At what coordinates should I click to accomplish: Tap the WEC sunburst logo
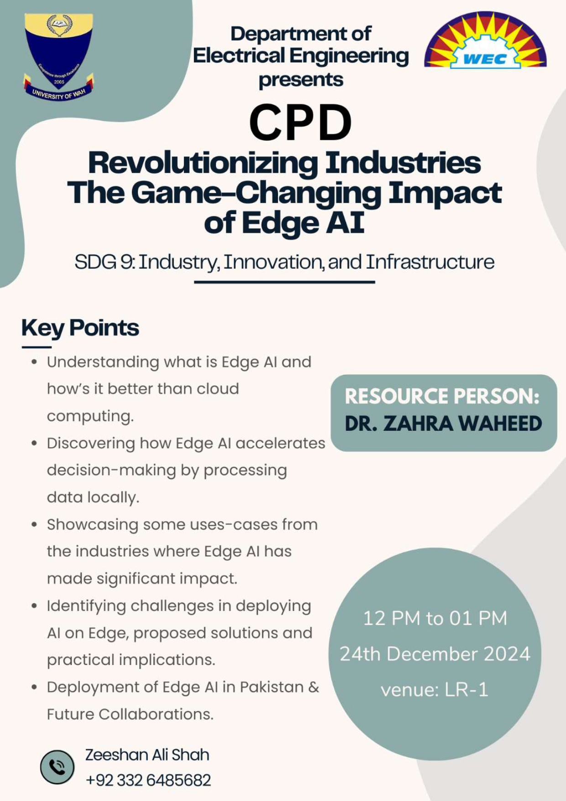tap(486, 41)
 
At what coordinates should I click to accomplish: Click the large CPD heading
tap(300, 122)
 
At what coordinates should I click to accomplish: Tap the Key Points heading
tap(80, 328)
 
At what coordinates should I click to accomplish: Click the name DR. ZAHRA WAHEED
tap(443, 424)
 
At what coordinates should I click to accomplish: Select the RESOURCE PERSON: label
tap(442, 396)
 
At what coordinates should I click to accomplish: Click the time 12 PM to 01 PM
tap(435, 618)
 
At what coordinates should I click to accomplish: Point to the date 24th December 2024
tap(435, 654)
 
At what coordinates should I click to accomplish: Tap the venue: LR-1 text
tap(435, 690)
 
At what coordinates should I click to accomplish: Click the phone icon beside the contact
tap(57, 767)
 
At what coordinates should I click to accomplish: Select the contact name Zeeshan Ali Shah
tap(147, 755)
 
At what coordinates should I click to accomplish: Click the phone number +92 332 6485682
tap(148, 780)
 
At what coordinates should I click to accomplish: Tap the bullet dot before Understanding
tap(34, 362)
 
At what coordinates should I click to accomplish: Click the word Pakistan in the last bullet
tap(272, 687)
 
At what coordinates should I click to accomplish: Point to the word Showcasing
tap(92, 525)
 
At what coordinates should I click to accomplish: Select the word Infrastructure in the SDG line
tap(430, 262)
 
